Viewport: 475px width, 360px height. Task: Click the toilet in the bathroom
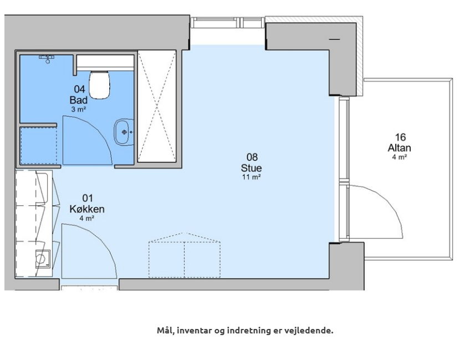coord(99,85)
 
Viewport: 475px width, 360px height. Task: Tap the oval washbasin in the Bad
coord(124,132)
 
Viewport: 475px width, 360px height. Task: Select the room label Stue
coord(251,168)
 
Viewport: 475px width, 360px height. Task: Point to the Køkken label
coord(87,209)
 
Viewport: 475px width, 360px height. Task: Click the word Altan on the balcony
coord(399,148)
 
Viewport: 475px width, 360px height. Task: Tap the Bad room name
coord(79,100)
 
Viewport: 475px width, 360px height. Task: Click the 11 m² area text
coord(252,177)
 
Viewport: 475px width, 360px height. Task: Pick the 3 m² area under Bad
coord(79,109)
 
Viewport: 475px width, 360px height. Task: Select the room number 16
coord(400,137)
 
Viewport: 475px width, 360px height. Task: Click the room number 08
coord(252,157)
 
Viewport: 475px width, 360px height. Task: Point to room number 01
coord(88,198)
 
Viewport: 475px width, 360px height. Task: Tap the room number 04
coord(79,89)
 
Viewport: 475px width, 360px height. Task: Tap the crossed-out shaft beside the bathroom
coord(157,106)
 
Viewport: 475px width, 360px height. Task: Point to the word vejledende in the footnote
coord(309,330)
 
